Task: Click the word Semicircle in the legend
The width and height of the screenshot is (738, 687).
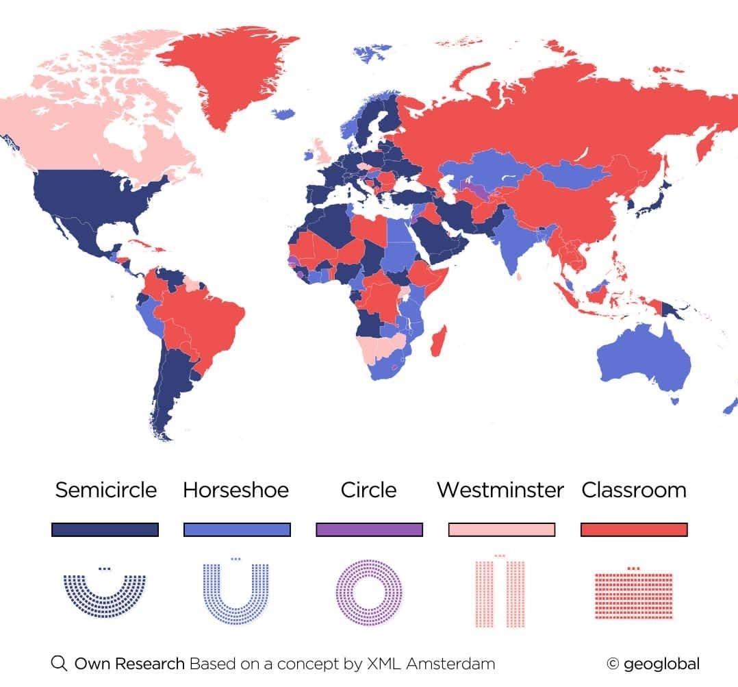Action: pyautogui.click(x=105, y=490)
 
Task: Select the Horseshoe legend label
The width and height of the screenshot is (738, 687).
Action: pyautogui.click(x=236, y=490)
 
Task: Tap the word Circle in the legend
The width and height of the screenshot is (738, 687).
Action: pyautogui.click(x=368, y=490)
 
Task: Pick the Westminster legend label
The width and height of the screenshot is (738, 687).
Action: pyautogui.click(x=500, y=490)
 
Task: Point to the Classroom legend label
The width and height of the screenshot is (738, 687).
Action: pyautogui.click(x=633, y=490)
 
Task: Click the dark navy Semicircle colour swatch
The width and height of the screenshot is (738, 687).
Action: pyautogui.click(x=105, y=530)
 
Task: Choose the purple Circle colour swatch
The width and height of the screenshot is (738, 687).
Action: pyautogui.click(x=369, y=530)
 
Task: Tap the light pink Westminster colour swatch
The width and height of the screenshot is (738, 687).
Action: pyautogui.click(x=501, y=530)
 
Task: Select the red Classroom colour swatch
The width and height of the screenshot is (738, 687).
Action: pyautogui.click(x=633, y=530)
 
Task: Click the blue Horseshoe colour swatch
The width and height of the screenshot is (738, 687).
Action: pyautogui.click(x=237, y=530)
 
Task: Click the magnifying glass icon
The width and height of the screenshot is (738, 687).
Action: pyautogui.click(x=60, y=663)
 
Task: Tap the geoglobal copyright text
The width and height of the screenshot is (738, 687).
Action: pyautogui.click(x=653, y=664)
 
